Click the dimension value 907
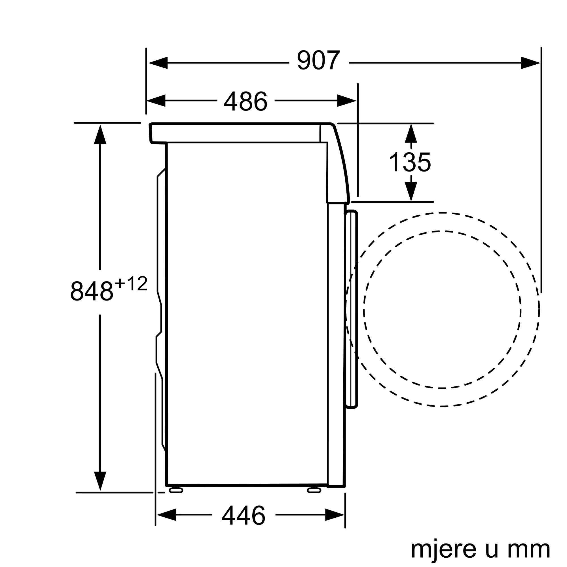click(318, 61)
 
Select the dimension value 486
click(246, 101)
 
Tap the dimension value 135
click(410, 162)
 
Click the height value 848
click(92, 291)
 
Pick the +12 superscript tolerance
click(131, 284)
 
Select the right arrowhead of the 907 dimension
click(530, 63)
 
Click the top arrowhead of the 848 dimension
click(100, 134)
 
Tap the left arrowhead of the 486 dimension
click(156, 101)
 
